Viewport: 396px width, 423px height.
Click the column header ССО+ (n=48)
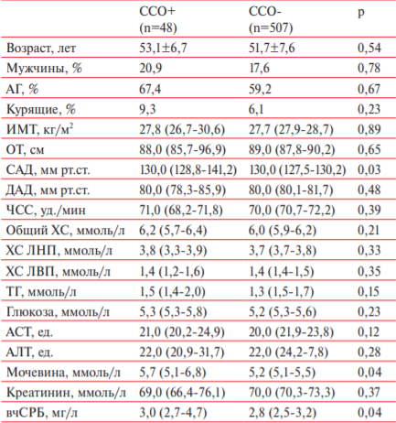coord(158,20)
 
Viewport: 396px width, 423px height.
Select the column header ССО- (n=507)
coord(271,20)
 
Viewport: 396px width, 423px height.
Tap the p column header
coord(361,13)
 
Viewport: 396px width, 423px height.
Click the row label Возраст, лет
coord(41,49)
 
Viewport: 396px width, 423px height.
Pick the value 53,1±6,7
coord(163,48)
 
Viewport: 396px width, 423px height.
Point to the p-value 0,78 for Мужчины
coord(369,68)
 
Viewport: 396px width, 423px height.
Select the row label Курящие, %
coord(40,109)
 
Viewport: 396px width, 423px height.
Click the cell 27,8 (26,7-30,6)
coord(182,129)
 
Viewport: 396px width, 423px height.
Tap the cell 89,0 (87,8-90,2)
coord(292,149)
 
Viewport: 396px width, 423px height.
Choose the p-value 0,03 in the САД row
coord(369,169)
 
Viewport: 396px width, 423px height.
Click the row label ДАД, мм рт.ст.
coord(48,190)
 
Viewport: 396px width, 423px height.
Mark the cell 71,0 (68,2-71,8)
coord(181,211)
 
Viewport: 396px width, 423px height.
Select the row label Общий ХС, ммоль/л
coord(65,231)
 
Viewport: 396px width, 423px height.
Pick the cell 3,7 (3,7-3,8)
coord(283,251)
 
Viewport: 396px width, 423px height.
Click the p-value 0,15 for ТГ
coord(369,291)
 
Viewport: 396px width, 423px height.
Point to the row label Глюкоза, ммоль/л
coord(58,312)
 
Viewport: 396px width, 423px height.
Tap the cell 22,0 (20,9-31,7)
coord(182,352)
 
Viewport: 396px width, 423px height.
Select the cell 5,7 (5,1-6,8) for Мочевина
coord(173,373)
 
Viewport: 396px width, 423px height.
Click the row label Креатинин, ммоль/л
coord(66,393)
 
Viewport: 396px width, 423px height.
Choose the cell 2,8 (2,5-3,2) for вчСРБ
coord(283,413)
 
